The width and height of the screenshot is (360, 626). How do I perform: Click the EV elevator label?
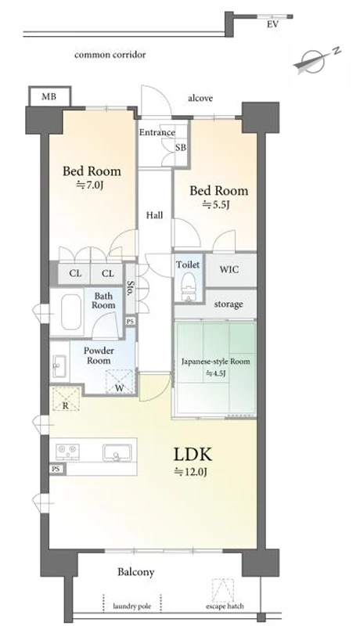(272, 24)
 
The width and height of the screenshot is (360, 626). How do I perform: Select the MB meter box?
(50, 96)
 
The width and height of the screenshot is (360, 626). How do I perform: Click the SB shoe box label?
(181, 147)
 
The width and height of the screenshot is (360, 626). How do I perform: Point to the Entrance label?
(157, 132)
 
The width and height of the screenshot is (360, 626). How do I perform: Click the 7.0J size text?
(91, 185)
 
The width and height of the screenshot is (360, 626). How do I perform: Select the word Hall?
(154, 215)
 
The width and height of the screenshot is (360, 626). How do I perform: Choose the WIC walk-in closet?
(230, 269)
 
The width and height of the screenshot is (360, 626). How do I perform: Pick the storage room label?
(229, 304)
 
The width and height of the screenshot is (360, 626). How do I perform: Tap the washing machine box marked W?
(119, 381)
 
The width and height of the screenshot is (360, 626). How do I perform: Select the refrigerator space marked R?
(66, 398)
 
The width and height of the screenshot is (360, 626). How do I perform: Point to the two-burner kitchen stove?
(67, 453)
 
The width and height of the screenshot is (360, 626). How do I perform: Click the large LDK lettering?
(193, 455)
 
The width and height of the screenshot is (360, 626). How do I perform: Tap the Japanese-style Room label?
(215, 362)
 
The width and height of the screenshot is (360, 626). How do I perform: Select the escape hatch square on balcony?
(223, 590)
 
